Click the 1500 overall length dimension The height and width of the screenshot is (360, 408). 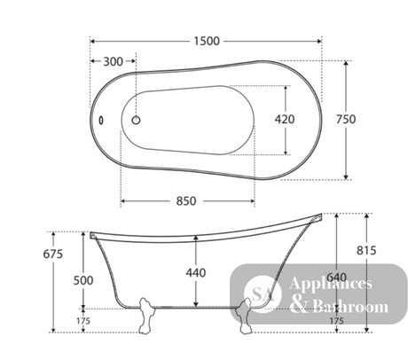pyautogui.click(x=207, y=41)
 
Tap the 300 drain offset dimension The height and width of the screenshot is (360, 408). pyautogui.click(x=113, y=61)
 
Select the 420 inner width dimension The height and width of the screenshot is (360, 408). pyautogui.click(x=285, y=119)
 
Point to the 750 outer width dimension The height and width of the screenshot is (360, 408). pyautogui.click(x=346, y=119)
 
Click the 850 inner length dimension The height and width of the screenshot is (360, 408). pyautogui.click(x=186, y=201)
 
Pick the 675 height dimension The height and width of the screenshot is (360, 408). pyautogui.click(x=53, y=254)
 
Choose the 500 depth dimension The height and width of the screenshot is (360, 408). pyautogui.click(x=83, y=280)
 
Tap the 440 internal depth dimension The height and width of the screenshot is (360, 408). pyautogui.click(x=196, y=272)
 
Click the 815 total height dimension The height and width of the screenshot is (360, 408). pyautogui.click(x=366, y=250)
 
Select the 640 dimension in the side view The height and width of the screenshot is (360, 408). pyautogui.click(x=337, y=278)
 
